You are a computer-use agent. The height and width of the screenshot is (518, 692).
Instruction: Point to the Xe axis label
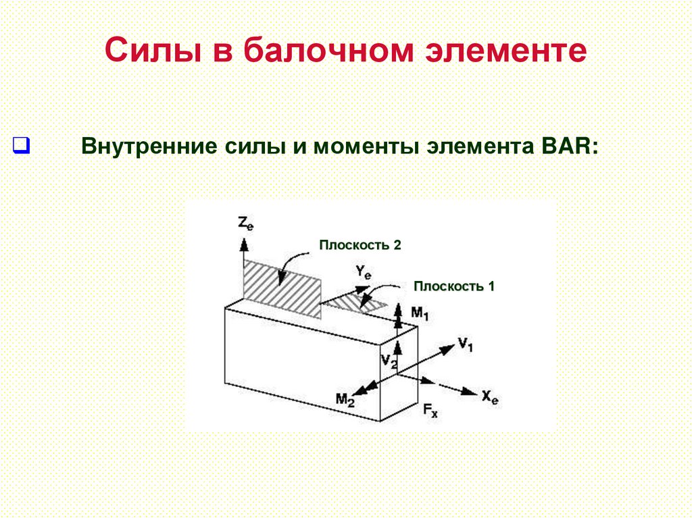(490, 396)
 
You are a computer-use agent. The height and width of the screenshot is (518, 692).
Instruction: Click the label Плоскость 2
(360, 245)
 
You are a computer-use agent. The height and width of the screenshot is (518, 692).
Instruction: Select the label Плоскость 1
(454, 286)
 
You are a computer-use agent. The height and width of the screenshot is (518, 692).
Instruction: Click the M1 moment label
(420, 313)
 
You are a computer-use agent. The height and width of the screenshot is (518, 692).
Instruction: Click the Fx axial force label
(430, 410)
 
